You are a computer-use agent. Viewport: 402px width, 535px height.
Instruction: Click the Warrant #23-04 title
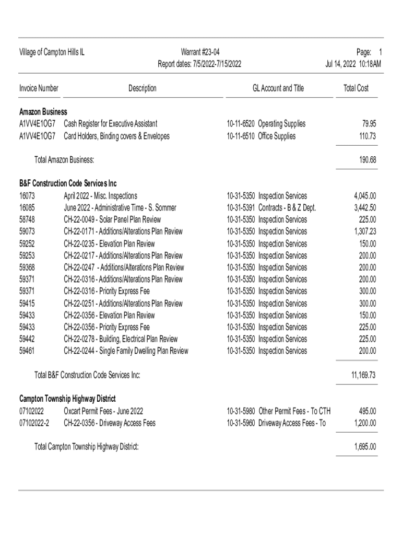pyautogui.click(x=200, y=52)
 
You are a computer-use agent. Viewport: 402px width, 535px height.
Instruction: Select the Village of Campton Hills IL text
pyautogui.click(x=52, y=52)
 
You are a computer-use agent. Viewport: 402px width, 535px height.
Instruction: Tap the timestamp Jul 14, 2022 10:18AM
pyautogui.click(x=353, y=64)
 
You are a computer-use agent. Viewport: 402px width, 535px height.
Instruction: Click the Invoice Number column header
pyautogui.click(x=39, y=88)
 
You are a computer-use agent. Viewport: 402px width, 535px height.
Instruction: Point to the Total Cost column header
pyautogui.click(x=356, y=88)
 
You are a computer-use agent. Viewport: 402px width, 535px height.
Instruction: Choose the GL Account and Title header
pyautogui.click(x=278, y=88)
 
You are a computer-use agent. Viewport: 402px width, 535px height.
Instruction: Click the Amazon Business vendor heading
pyautogui.click(x=43, y=112)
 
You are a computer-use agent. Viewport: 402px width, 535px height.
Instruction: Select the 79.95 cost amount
pyautogui.click(x=369, y=124)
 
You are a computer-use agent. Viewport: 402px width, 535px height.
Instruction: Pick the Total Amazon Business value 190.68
pyautogui.click(x=367, y=159)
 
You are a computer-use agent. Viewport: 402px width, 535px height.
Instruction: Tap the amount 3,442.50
pyautogui.click(x=365, y=208)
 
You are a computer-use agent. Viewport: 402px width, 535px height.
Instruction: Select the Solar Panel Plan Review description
pyautogui.click(x=112, y=219)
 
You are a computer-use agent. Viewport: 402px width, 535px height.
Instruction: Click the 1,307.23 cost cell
pyautogui.click(x=365, y=231)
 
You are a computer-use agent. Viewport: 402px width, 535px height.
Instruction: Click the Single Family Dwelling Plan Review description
pyautogui.click(x=126, y=351)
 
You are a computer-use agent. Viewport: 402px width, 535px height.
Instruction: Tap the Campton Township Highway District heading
pyautogui.click(x=67, y=399)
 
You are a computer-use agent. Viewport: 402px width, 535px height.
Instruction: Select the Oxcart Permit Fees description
pyautogui.click(x=103, y=411)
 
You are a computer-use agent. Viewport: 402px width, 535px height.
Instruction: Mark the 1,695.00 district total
pyautogui.click(x=365, y=447)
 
